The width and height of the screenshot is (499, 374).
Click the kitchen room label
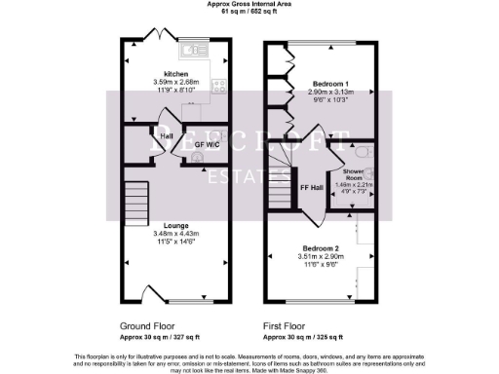coord(176,74)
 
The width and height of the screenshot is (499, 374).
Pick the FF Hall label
coord(311,186)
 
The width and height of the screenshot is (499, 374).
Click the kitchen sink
coord(189,48)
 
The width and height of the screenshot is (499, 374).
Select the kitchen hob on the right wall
coord(221,86)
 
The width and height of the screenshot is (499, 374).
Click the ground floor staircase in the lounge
coord(134,204)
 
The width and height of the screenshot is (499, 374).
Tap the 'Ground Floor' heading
coord(148,326)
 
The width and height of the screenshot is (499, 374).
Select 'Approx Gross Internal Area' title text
coord(249,5)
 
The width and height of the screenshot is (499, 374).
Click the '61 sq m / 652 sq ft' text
coord(249,13)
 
